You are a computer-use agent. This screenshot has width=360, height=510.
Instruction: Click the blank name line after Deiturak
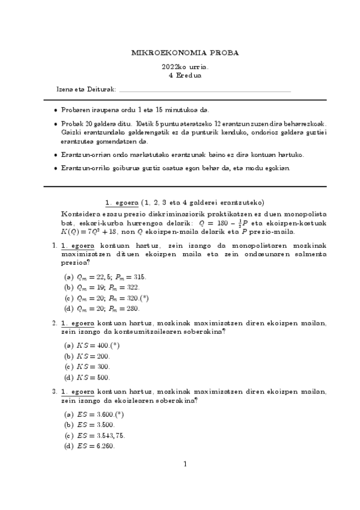click(x=204, y=90)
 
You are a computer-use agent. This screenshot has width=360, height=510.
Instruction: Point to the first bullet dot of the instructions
click(x=56, y=110)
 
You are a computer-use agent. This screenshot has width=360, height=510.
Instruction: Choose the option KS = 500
click(x=94, y=377)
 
